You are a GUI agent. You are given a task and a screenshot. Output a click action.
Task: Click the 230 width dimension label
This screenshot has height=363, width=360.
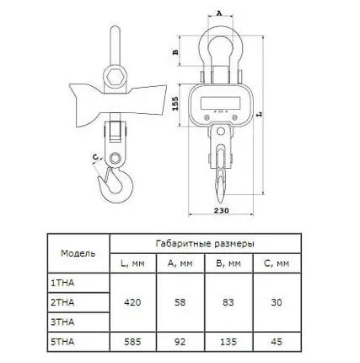(222, 210)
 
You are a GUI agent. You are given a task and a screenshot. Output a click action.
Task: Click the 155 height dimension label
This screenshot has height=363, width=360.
(175, 104)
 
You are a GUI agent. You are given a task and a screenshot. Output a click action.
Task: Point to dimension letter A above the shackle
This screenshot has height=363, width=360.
(219, 13)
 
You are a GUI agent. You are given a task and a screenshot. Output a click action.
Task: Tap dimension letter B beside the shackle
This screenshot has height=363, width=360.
(175, 51)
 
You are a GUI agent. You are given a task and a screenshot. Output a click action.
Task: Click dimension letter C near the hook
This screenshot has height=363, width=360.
(96, 158)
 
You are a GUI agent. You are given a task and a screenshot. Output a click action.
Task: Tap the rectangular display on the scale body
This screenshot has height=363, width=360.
(221, 103)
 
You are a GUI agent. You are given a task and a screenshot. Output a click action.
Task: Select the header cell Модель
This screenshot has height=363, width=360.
(78, 253)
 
